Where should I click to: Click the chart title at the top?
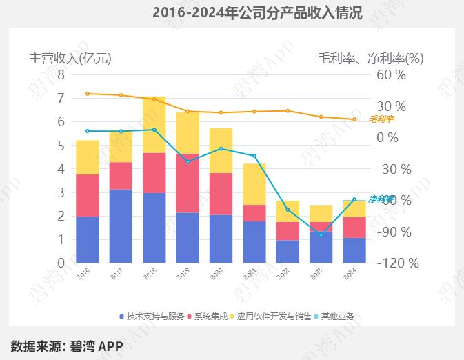[256, 12]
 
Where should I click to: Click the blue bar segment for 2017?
[121, 226]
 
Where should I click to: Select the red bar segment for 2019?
[188, 183]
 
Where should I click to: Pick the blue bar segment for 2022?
[288, 251]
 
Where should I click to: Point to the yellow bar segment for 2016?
[88, 157]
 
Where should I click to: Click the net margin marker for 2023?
[321, 235]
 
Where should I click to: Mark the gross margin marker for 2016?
[88, 94]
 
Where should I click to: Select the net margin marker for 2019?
[188, 161]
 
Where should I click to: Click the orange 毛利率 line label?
[381, 119]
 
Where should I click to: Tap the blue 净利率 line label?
[381, 199]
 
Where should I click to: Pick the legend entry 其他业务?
[334, 317]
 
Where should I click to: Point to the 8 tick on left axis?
[61, 74]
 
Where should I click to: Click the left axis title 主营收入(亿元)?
[70, 58]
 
